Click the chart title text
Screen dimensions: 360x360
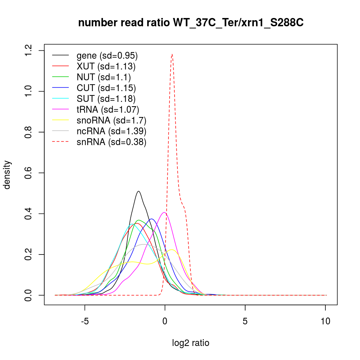click(x=191, y=23)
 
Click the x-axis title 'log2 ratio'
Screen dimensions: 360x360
click(x=191, y=343)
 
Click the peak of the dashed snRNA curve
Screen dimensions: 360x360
click(x=172, y=54)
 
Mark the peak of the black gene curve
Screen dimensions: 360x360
click(x=138, y=191)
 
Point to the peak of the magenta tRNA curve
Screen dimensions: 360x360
click(x=164, y=212)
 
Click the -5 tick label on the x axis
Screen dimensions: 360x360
click(x=85, y=321)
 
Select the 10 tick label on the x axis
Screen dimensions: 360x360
click(x=325, y=321)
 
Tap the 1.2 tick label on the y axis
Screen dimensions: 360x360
click(x=29, y=50)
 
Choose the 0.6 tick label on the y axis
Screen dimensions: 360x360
click(x=29, y=173)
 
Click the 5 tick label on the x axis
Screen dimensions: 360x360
click(x=245, y=321)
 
